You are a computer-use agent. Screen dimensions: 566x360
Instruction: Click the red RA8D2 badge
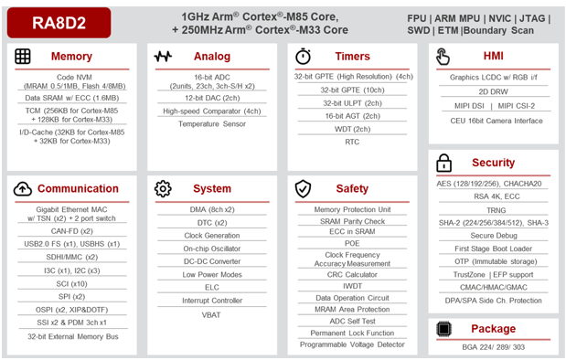point(59,23)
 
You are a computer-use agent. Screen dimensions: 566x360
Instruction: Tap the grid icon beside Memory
point(23,57)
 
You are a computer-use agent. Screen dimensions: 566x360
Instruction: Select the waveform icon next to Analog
point(163,57)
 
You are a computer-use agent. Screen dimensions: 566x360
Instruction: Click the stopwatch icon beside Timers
point(303,56)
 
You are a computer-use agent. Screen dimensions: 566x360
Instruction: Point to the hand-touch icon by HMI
point(443,57)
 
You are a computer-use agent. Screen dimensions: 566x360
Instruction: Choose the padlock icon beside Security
point(443,163)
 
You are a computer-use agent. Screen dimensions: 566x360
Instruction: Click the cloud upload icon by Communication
point(23,188)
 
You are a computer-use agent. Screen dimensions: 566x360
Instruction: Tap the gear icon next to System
point(163,188)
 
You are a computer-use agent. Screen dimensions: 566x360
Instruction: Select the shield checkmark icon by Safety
point(303,188)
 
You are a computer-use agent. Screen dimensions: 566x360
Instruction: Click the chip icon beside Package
point(443,329)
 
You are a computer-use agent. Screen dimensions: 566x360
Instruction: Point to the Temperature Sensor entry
point(212,124)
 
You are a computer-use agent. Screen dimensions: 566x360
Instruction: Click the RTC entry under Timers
point(352,142)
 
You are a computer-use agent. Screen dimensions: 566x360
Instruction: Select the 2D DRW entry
point(493,91)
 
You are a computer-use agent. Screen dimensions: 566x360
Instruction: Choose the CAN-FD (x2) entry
point(72,231)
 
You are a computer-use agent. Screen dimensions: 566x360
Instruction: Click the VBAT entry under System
point(211,315)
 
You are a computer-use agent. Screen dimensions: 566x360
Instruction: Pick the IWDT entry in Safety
point(352,286)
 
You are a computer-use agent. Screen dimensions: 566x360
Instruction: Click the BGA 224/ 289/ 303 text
point(494,347)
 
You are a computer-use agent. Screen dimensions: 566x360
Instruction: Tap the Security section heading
point(494,163)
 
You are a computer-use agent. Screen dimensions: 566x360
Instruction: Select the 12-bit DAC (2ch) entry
point(212,98)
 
